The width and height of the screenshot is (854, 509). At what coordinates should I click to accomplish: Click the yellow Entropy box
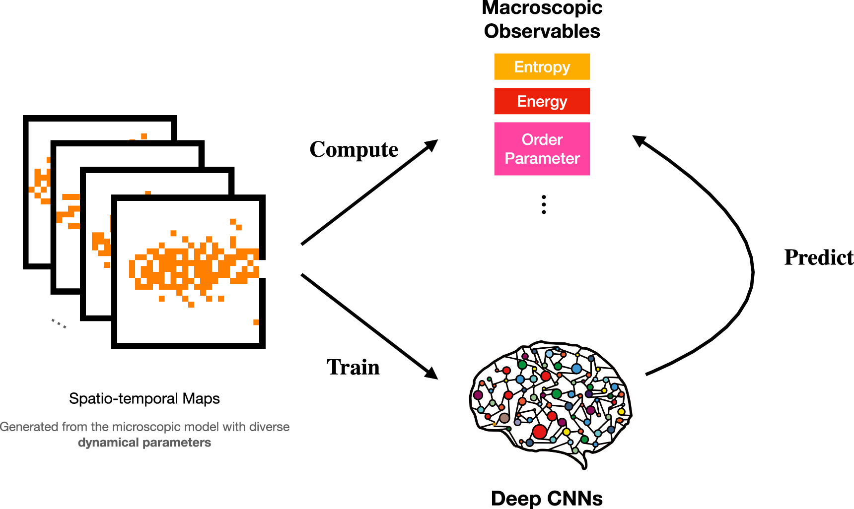click(542, 66)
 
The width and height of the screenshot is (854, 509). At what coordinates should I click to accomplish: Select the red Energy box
click(542, 101)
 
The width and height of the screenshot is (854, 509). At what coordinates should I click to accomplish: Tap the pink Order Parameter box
click(542, 149)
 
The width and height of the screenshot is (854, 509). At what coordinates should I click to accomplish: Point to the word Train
click(353, 368)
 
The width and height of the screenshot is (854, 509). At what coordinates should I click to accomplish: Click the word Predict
click(818, 257)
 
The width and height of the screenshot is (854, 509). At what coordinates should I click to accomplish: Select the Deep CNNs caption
click(546, 498)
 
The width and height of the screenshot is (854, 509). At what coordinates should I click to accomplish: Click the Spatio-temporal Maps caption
click(144, 398)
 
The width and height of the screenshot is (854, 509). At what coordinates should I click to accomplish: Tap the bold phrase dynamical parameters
click(144, 443)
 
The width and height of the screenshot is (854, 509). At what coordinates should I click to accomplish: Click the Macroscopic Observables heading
click(542, 20)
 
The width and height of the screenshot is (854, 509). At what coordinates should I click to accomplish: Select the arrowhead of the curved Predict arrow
click(639, 140)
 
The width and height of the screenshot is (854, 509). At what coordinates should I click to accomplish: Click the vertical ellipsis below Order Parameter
click(544, 204)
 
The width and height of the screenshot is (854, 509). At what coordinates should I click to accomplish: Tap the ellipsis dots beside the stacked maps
click(59, 323)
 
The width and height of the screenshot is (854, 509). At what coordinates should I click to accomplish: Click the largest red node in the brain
click(540, 431)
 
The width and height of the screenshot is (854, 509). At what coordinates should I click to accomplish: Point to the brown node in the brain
click(504, 418)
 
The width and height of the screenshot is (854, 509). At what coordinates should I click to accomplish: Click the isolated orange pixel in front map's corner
click(256, 322)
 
